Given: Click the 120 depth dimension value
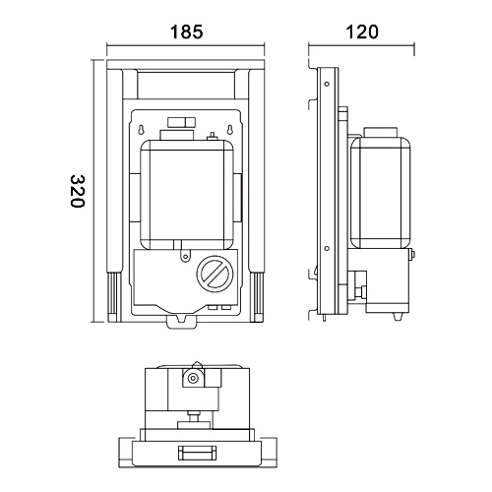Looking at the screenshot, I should (x=361, y=31).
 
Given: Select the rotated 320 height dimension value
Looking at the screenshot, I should (x=80, y=191).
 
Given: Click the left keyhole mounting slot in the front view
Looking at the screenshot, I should (x=144, y=131).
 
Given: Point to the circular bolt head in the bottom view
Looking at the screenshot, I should (x=194, y=377).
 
